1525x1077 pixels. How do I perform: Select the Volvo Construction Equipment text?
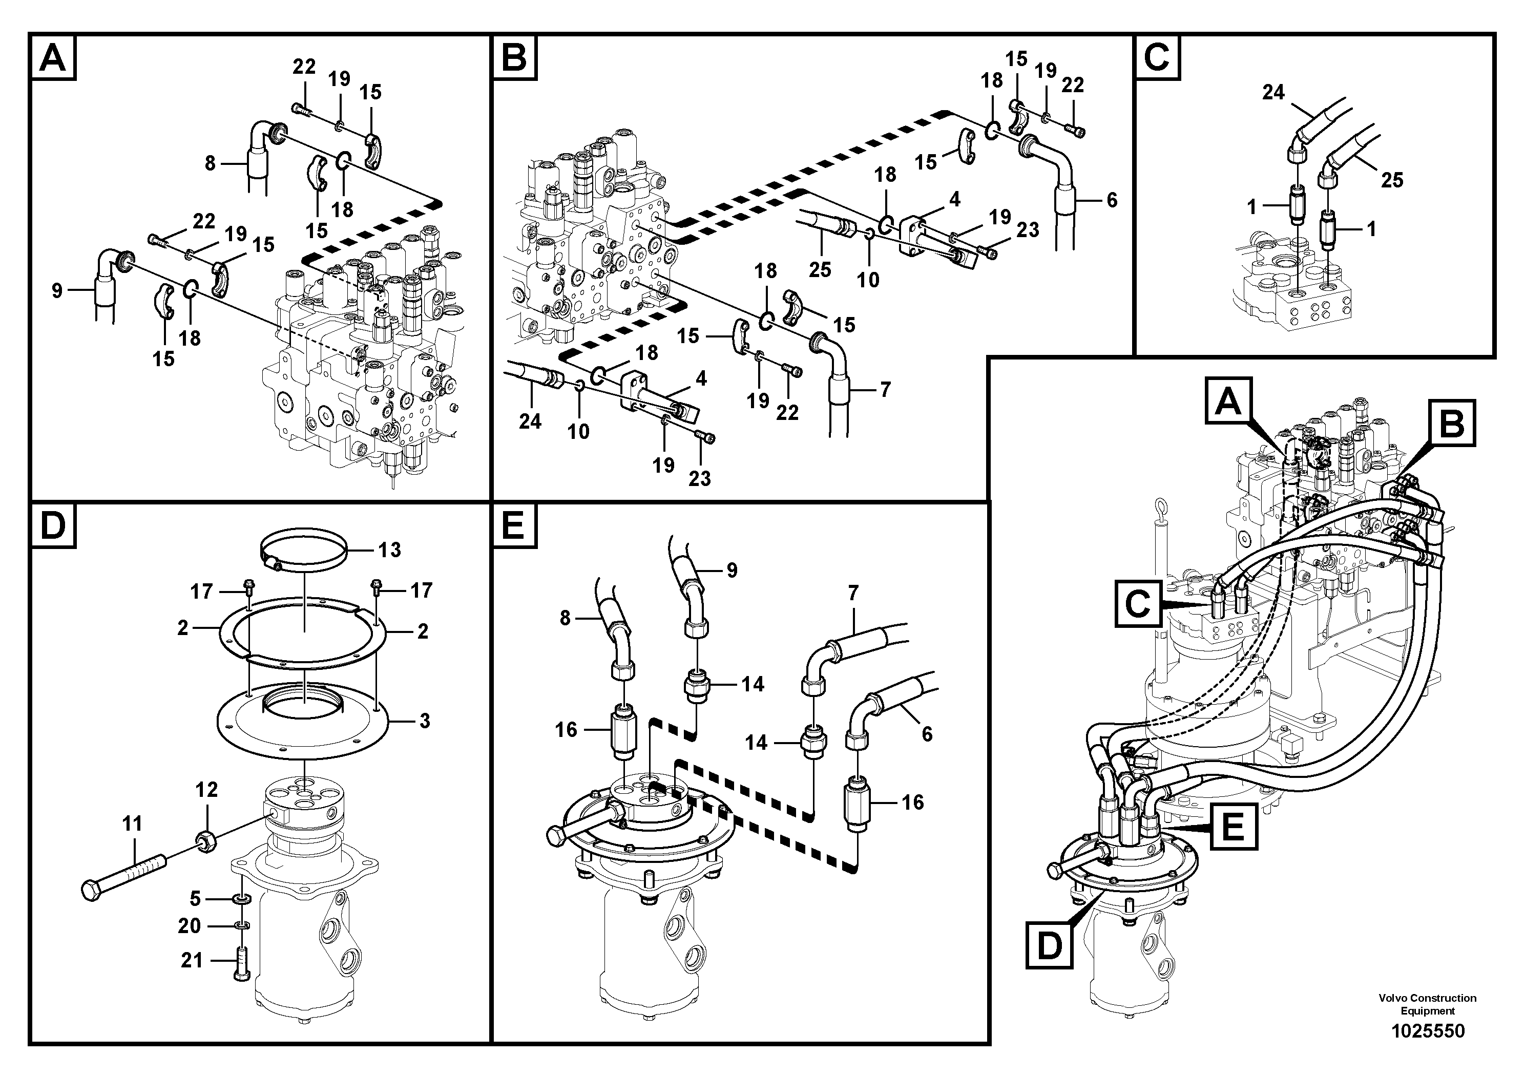pyautogui.click(x=1427, y=1023)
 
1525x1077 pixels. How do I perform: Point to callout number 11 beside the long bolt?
pyautogui.click(x=132, y=824)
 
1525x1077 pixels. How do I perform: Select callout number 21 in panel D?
pyautogui.click(x=192, y=960)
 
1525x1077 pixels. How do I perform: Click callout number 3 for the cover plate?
pyautogui.click(x=425, y=721)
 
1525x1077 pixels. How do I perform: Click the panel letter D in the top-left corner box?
pyautogui.click(x=53, y=525)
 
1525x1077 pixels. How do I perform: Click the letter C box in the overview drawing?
pyautogui.click(x=1138, y=604)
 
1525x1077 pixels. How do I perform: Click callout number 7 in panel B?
pyautogui.click(x=885, y=390)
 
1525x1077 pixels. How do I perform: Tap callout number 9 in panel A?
pyautogui.click(x=57, y=290)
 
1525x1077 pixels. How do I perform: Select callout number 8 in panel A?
pyautogui.click(x=211, y=163)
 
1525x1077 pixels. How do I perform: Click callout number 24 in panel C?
pyautogui.click(x=1273, y=93)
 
